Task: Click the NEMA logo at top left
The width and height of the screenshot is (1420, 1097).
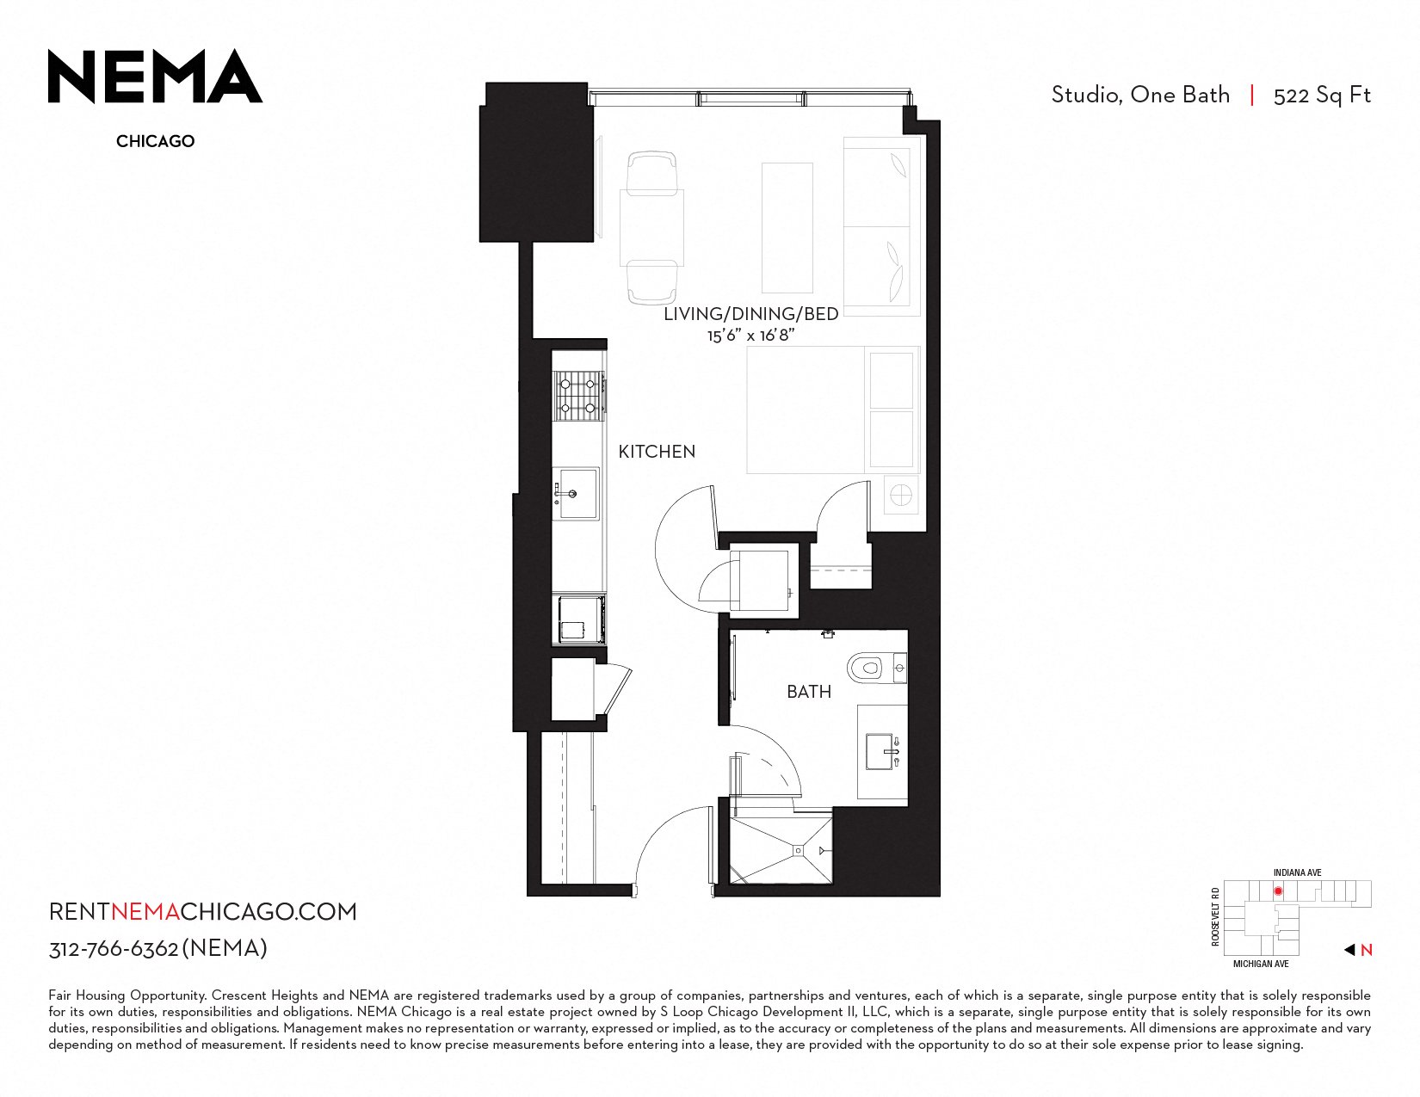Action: [x=156, y=76]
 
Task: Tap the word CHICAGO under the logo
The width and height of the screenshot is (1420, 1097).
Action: [x=156, y=141]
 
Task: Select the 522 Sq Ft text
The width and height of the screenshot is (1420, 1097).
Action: [x=1321, y=96]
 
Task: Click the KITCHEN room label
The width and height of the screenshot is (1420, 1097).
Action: [x=657, y=452]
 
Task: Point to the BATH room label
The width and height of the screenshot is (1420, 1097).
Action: [x=809, y=691]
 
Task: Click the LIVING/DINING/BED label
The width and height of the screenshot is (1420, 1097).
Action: [x=750, y=314]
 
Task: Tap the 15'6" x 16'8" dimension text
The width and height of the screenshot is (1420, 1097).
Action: [x=750, y=336]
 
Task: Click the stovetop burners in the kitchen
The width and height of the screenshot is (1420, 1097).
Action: [x=578, y=396]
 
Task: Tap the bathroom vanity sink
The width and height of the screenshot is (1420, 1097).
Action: [x=882, y=752]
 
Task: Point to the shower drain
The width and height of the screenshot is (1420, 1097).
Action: [x=798, y=850]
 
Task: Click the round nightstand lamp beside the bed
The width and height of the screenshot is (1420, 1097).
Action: [x=901, y=495]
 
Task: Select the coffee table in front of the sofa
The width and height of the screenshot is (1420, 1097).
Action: [x=787, y=228]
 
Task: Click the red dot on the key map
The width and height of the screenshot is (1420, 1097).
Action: [x=1278, y=891]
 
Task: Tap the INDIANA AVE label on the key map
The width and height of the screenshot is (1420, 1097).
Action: [x=1298, y=872]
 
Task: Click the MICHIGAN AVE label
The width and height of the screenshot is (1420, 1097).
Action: [x=1261, y=964]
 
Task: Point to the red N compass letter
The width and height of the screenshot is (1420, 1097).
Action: [x=1367, y=950]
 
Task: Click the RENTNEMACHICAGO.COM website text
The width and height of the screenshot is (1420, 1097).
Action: [x=202, y=912]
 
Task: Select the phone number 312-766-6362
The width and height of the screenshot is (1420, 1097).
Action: [x=114, y=949]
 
